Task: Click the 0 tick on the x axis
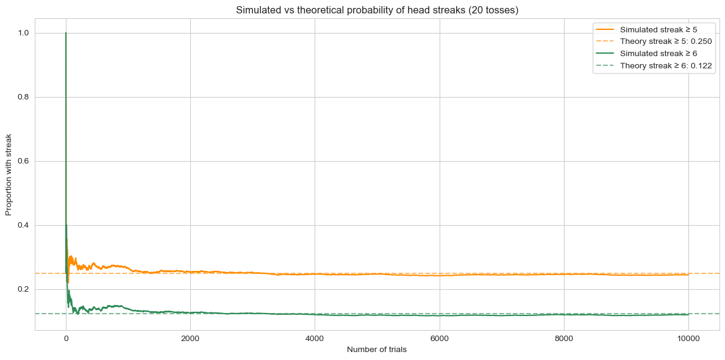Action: [x=66, y=339]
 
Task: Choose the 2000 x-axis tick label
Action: [x=190, y=339]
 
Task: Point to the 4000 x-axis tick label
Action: [x=315, y=339]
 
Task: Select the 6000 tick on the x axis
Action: [x=440, y=339]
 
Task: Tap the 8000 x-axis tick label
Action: [x=564, y=339]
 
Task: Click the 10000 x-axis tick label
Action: [x=688, y=339]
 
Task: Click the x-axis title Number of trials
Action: [x=377, y=350]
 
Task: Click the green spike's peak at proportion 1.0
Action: [x=66, y=33]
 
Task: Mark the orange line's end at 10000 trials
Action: [x=688, y=275]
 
